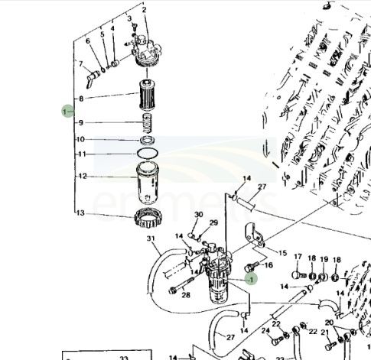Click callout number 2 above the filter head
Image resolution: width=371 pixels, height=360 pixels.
(x=144, y=9)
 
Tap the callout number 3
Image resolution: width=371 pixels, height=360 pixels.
(x=129, y=18)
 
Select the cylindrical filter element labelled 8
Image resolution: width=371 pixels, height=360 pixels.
(x=146, y=98)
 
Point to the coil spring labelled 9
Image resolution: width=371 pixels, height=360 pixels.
(x=147, y=122)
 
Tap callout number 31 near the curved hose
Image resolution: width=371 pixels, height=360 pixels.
(x=151, y=241)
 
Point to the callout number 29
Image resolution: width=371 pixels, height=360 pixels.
(x=213, y=222)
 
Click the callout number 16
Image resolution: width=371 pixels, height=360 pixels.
(x=268, y=265)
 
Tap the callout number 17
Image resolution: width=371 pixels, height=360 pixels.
(x=298, y=258)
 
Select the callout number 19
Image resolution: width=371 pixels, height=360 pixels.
(x=324, y=260)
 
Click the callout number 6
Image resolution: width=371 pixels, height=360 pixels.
(x=88, y=41)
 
